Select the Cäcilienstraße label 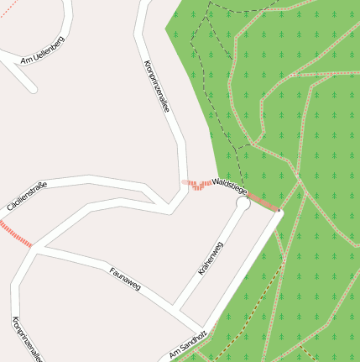(27, 195)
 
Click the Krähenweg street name (211, 260)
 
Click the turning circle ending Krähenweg (243, 203)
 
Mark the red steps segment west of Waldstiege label (199, 184)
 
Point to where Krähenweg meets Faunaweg (174, 305)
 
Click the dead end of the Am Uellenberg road (34, 88)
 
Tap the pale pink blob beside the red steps (185, 181)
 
